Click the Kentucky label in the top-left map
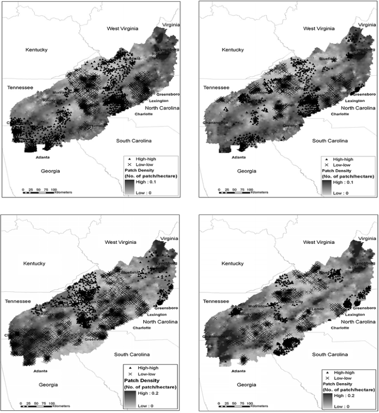point(37,50)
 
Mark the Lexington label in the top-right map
point(356,101)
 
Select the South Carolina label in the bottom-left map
point(137,353)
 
